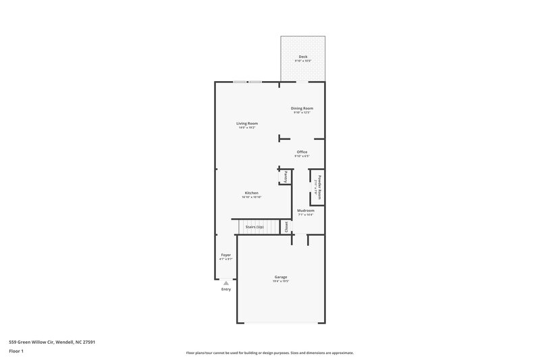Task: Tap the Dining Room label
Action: tap(302, 108)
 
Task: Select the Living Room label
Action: tap(247, 124)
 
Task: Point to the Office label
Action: tap(302, 152)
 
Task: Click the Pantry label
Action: tap(286, 176)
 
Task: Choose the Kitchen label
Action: tap(251, 193)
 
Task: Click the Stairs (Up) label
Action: tap(254, 227)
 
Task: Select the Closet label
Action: tap(286, 227)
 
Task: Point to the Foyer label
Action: tap(225, 255)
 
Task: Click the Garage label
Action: tap(281, 277)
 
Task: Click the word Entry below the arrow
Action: tap(225, 289)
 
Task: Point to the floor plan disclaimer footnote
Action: tap(269, 353)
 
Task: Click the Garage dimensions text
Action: tap(281, 282)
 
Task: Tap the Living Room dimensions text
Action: tap(247, 128)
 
